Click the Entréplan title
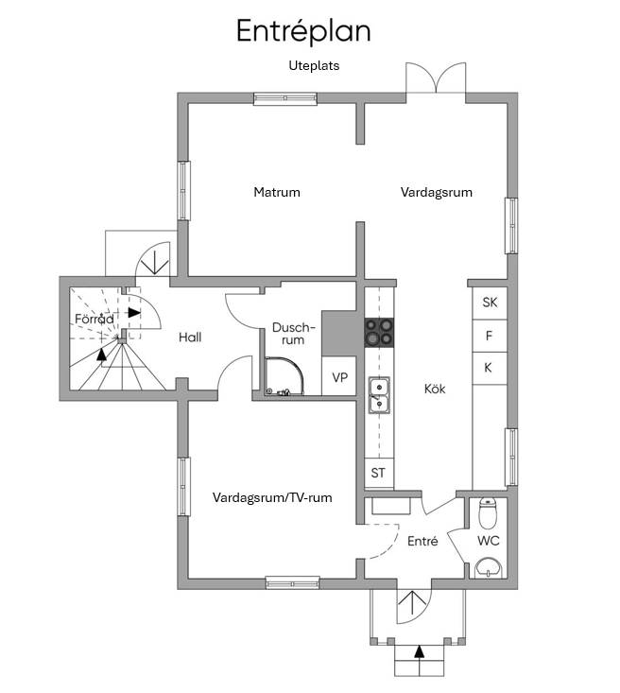[x=303, y=31]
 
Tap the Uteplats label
[x=314, y=65]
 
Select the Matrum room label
[x=277, y=192]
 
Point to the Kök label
[x=435, y=389]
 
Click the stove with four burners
[x=379, y=333]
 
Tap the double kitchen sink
[x=379, y=395]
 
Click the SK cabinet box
[x=490, y=303]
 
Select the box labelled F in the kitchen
[x=490, y=336]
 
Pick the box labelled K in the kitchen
[x=490, y=368]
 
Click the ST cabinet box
[x=379, y=473]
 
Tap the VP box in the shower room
[x=339, y=376]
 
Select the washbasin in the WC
[x=489, y=568]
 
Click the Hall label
[x=190, y=338]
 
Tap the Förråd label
[x=95, y=319]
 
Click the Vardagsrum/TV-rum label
[x=272, y=497]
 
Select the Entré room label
[x=422, y=542]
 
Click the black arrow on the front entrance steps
[x=419, y=651]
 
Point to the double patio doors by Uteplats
[x=436, y=78]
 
